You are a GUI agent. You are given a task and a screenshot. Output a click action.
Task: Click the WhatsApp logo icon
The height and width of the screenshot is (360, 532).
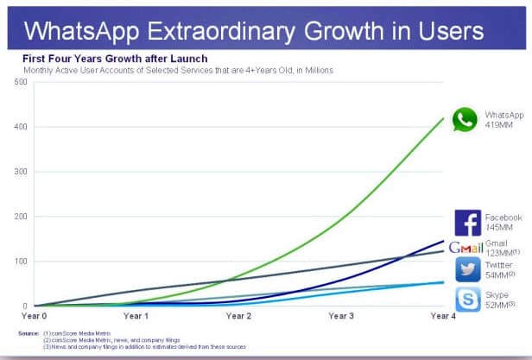tap(465, 119)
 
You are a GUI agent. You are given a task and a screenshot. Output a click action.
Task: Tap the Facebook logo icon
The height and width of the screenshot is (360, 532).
tap(467, 223)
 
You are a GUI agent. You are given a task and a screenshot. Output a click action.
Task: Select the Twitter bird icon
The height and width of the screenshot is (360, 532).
tap(467, 269)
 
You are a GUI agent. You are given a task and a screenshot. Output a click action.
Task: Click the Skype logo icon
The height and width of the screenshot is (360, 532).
tap(467, 300)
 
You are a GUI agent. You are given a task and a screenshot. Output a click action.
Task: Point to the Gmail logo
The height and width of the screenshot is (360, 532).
tap(465, 249)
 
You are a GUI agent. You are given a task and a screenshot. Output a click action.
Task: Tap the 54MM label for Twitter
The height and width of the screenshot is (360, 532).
tap(498, 274)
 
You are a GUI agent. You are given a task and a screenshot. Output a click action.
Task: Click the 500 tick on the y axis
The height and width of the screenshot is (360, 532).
tap(21, 82)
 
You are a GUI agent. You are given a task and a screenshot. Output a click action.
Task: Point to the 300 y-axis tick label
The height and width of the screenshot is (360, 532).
tap(21, 172)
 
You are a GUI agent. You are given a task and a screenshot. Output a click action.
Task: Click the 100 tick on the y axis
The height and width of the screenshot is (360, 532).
tap(21, 262)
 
